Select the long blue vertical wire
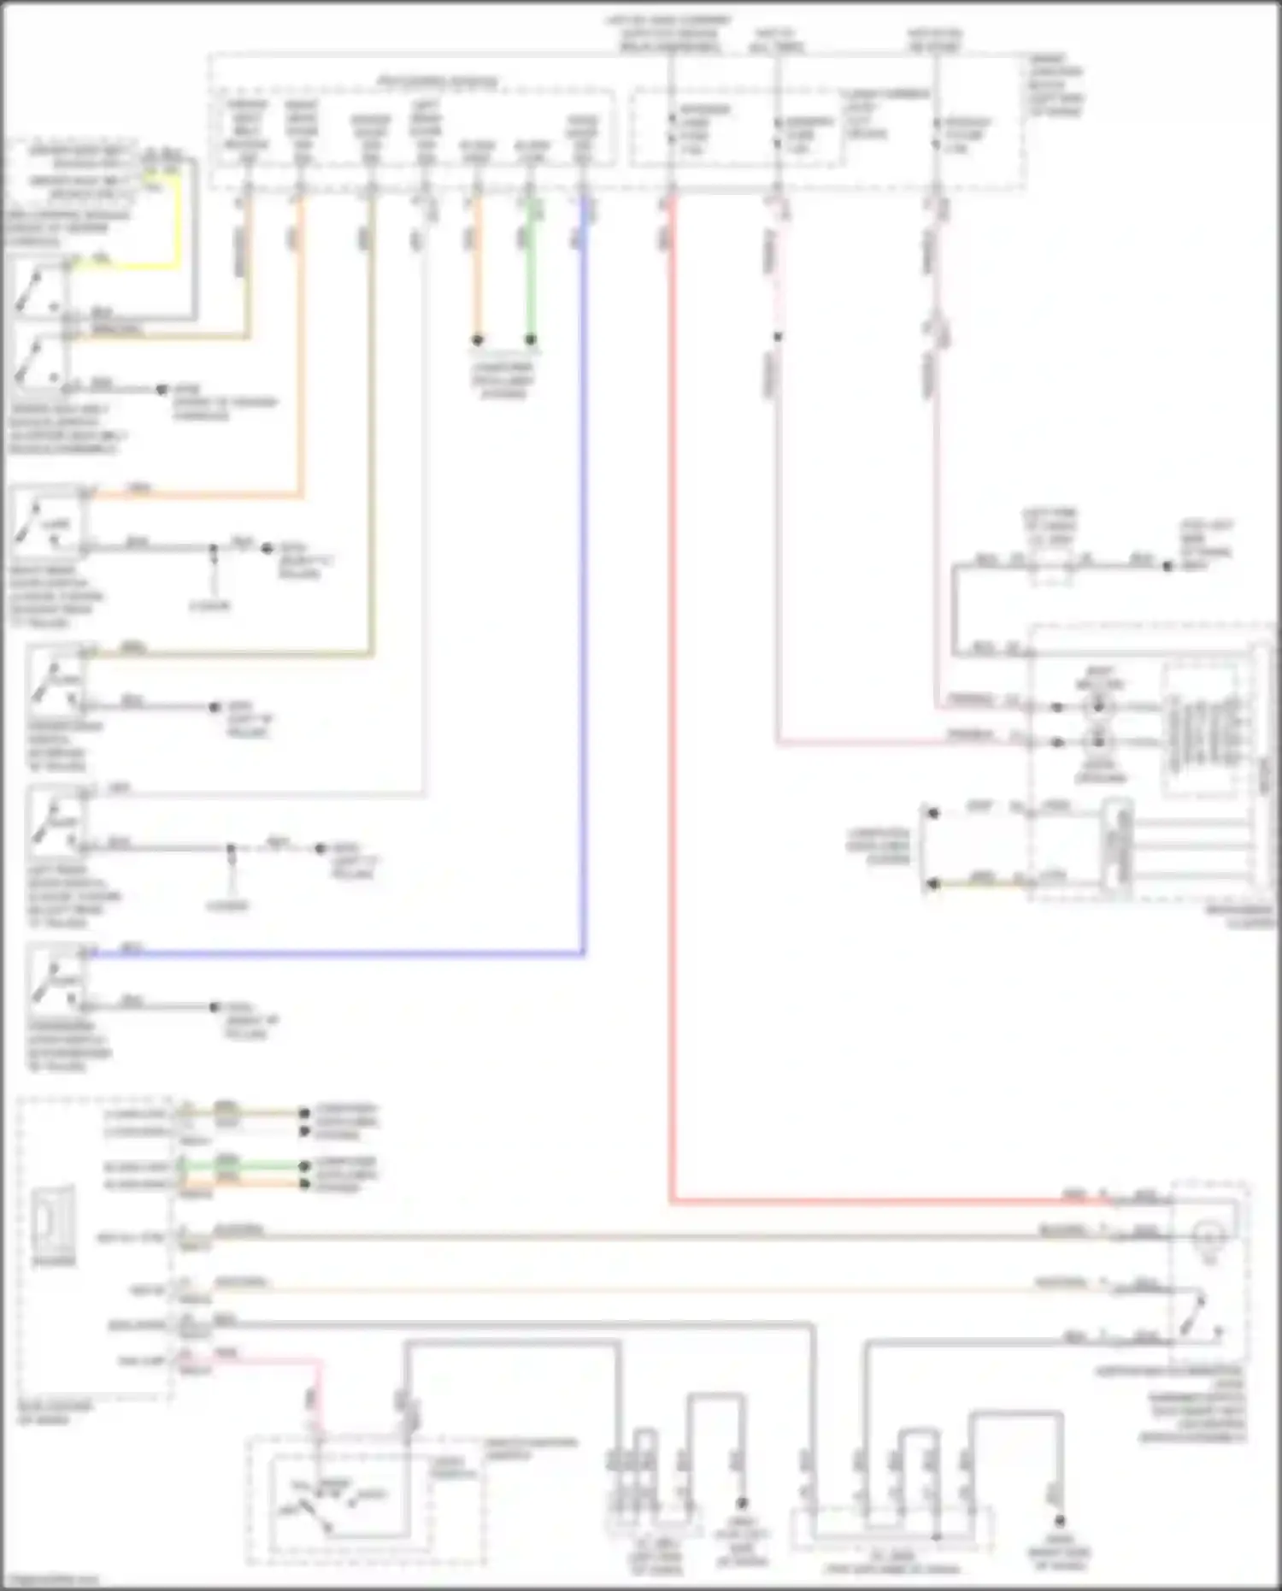point(584,598)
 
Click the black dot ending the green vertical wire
point(530,340)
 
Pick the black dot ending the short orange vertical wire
point(478,340)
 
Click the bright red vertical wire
point(672,684)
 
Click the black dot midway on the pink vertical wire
point(778,337)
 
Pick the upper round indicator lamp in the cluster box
point(1098,707)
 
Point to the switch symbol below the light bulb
point(1197,1317)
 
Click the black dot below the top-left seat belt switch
point(162,390)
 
